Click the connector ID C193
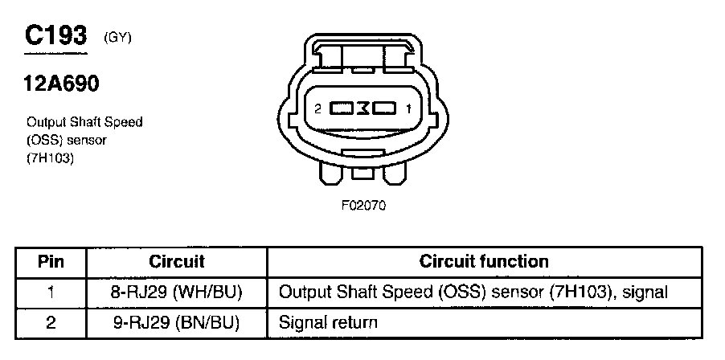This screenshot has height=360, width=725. [x=55, y=35]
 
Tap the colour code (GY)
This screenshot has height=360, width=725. [x=117, y=37]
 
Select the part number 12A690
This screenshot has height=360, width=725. [x=62, y=84]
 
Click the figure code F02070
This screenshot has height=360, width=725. [x=364, y=205]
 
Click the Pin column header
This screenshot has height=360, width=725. [x=51, y=262]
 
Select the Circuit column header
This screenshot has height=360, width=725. [x=177, y=262]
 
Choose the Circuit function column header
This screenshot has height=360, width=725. [x=484, y=262]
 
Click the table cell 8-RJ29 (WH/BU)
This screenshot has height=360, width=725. [x=177, y=292]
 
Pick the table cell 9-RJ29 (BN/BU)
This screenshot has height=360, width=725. [x=177, y=323]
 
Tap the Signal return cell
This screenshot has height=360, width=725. [x=328, y=323]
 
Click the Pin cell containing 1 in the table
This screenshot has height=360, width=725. [x=51, y=292]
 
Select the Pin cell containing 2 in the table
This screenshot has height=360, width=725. [x=51, y=323]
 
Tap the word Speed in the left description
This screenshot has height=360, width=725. [x=126, y=122]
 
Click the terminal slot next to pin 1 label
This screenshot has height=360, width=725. [x=383, y=108]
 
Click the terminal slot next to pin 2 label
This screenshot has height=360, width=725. [x=343, y=108]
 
